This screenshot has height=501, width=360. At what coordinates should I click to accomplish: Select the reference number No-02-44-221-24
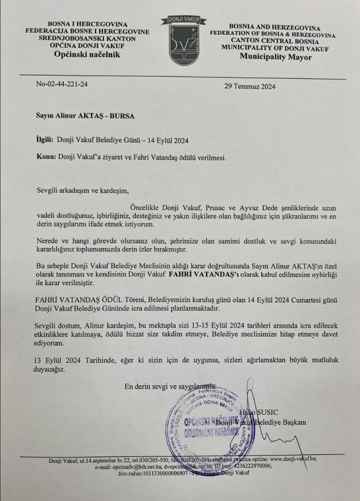62,84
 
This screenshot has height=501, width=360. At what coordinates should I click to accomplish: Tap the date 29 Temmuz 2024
250,87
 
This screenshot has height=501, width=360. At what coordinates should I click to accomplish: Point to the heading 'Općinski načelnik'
87,54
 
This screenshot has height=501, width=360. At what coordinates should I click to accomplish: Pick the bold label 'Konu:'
46,156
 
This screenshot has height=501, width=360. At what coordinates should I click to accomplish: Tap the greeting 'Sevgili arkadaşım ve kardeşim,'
83,191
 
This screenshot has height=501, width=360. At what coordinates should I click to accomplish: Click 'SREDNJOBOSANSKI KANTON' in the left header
87,39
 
